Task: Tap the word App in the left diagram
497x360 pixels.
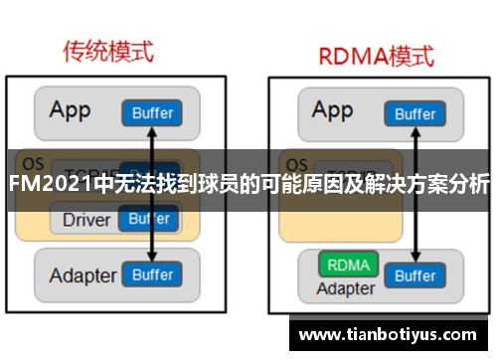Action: point(72,110)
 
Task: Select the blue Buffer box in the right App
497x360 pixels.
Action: point(414,114)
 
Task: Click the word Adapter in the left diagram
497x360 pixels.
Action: point(83,273)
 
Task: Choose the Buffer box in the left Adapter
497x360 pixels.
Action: point(152,273)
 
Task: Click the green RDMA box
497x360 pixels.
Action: point(347,267)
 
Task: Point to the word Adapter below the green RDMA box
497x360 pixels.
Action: point(346,289)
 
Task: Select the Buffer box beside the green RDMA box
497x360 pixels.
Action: point(415,275)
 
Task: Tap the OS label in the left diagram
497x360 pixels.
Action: point(33,162)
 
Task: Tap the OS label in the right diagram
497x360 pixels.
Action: point(295,162)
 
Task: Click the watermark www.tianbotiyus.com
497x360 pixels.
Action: point(392,333)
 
